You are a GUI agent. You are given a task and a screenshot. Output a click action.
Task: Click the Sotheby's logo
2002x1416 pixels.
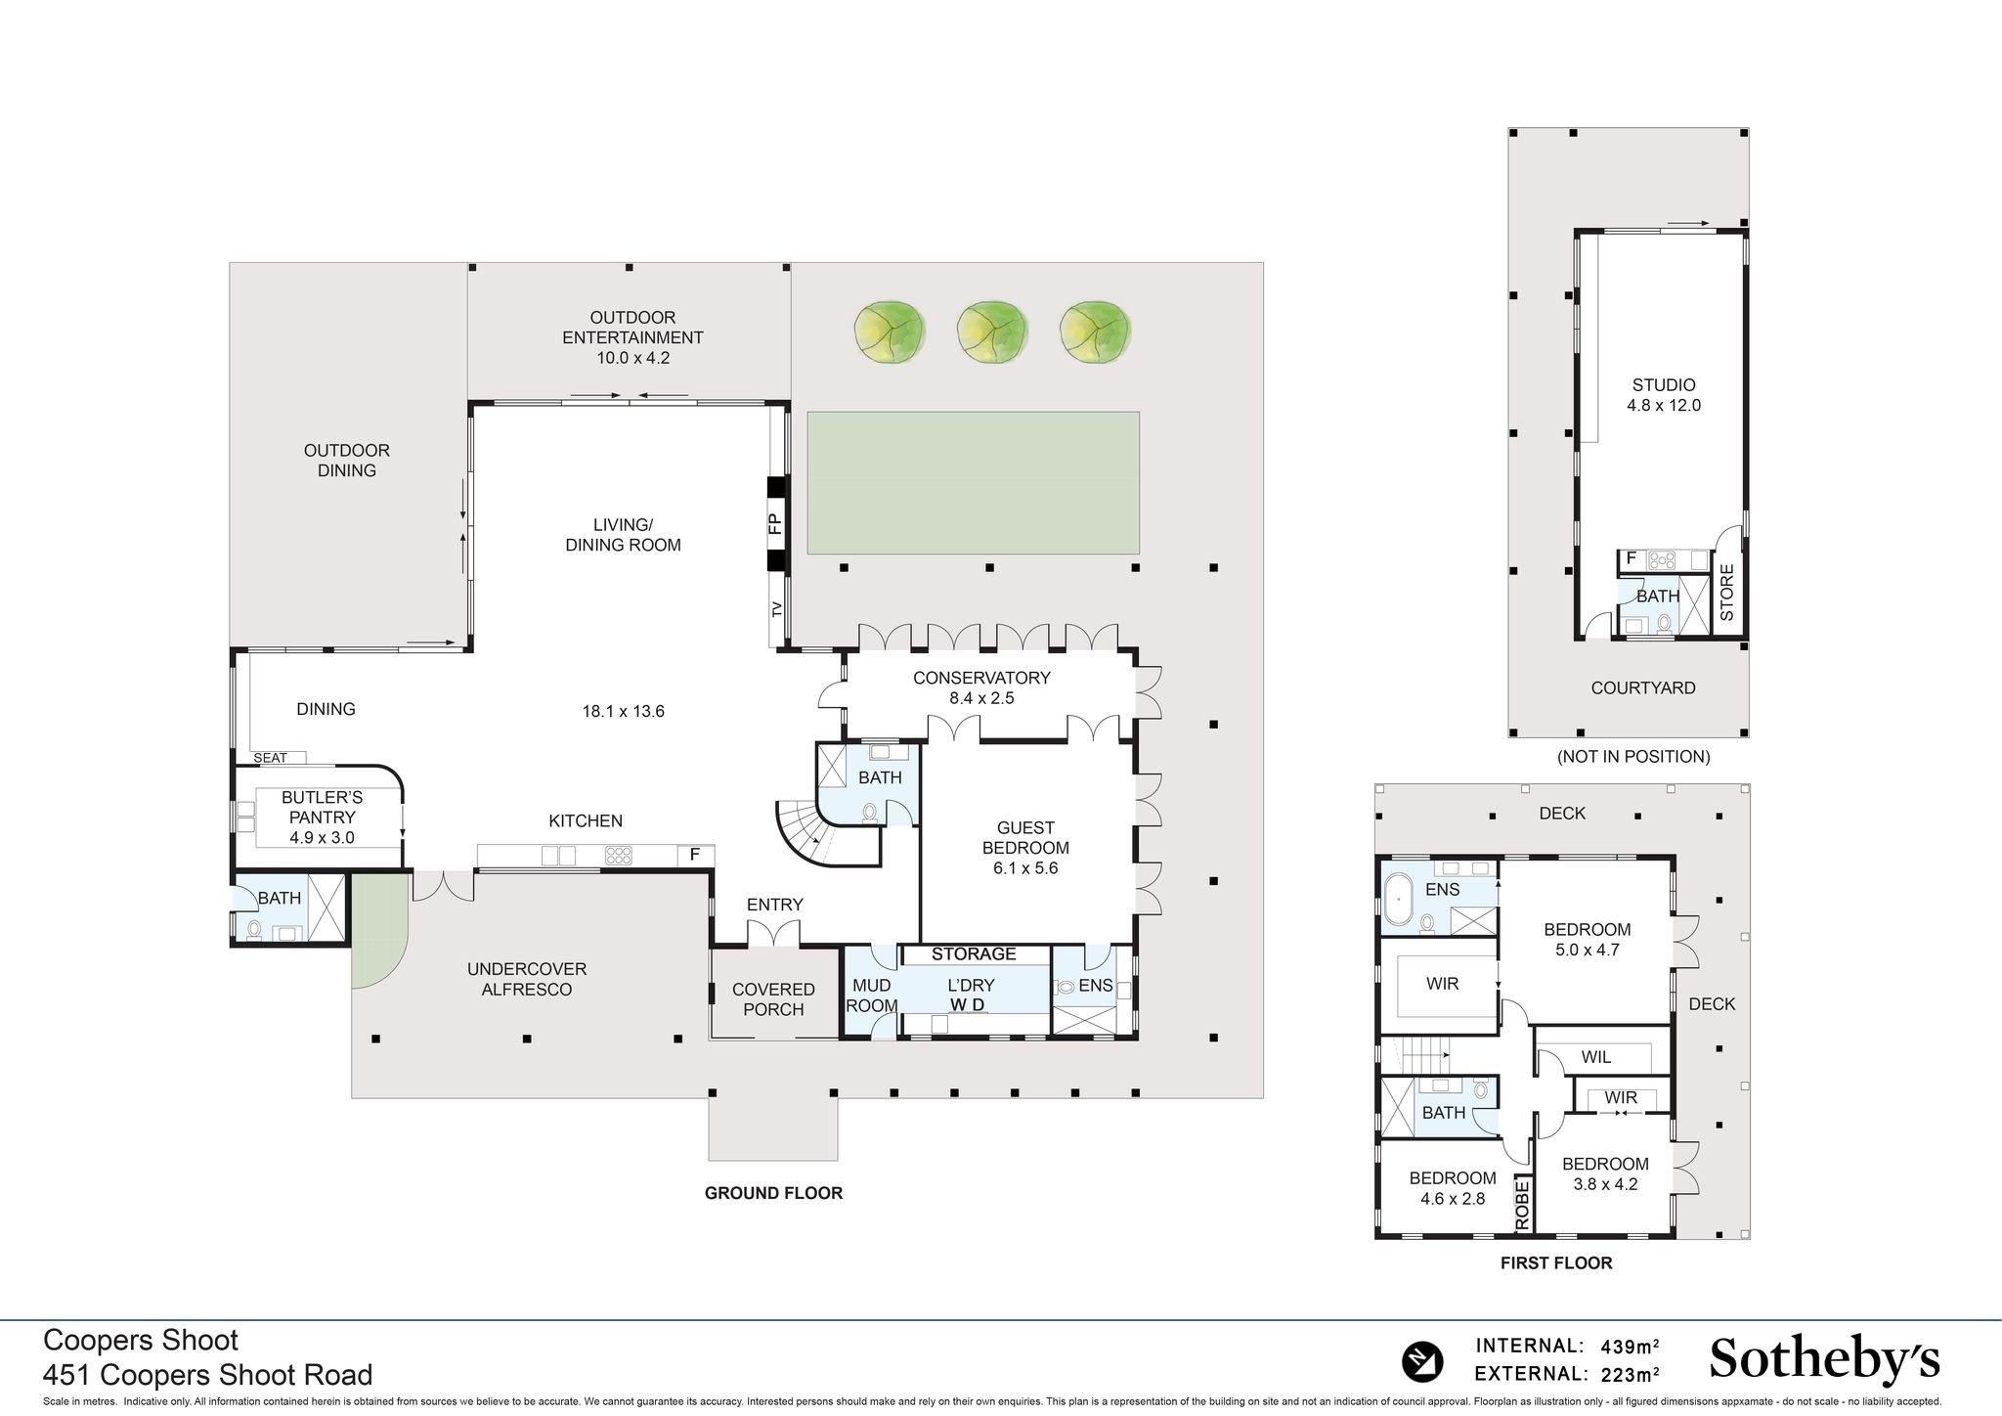point(1824,1360)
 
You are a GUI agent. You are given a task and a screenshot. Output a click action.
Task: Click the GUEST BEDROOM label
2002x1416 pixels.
point(1025,848)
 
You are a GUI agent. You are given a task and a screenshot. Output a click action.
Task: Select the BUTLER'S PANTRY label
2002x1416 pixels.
point(322,818)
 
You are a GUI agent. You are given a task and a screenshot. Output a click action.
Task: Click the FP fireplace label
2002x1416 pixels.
point(775,523)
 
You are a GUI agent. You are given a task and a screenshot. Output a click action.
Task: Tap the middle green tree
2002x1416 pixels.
point(992,332)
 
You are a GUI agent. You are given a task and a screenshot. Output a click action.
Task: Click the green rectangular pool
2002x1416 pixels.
point(973,482)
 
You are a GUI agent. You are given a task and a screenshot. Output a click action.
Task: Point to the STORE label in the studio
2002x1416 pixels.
point(1727,593)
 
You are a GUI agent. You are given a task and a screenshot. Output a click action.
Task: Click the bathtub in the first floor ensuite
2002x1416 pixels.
point(1398,901)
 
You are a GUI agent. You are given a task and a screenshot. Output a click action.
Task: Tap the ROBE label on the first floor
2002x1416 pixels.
point(1522,1205)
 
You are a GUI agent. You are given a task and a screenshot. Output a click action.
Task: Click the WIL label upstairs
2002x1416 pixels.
point(1596,1057)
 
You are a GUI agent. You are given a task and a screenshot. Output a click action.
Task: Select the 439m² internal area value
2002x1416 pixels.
point(1629,1346)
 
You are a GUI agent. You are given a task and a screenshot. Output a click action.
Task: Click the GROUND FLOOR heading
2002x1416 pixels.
point(773,1193)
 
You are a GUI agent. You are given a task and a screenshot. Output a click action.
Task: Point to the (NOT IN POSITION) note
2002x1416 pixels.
point(1633,756)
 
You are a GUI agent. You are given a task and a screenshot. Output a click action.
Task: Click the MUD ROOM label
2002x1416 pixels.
point(871,996)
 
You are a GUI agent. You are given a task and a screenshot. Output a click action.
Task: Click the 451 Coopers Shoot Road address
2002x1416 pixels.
point(207,1375)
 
